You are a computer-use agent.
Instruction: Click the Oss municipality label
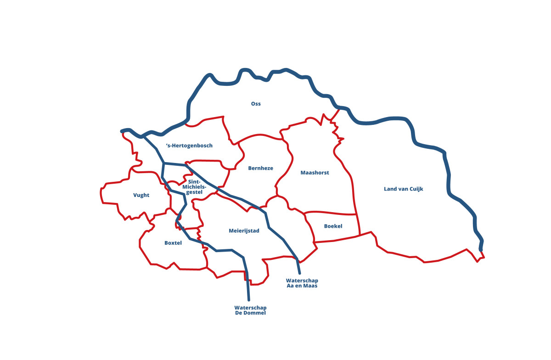tap(256, 104)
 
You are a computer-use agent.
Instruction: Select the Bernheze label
tap(260, 168)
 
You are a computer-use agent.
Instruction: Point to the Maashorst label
tap(315, 173)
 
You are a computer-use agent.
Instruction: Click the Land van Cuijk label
tap(403, 189)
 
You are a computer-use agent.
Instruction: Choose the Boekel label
tap(333, 226)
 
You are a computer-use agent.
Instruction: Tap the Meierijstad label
tap(244, 231)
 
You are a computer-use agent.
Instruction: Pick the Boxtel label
tap(173, 243)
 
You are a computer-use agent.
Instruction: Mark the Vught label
tap(141, 195)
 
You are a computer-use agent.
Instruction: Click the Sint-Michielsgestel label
tap(195, 187)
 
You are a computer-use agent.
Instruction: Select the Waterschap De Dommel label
tap(250, 310)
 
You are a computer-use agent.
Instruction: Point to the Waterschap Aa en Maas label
tap(302, 283)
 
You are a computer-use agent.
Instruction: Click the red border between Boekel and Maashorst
tap(331, 213)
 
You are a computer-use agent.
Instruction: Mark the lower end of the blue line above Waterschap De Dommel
tap(249, 299)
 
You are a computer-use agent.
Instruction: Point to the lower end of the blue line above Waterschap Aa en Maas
tap(299, 273)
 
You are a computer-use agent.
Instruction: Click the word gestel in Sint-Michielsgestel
tap(194, 192)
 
